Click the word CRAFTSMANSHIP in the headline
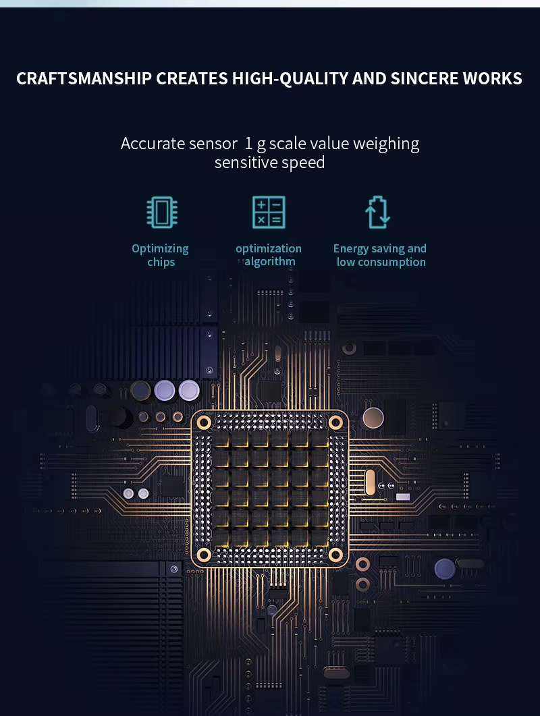[x=84, y=79]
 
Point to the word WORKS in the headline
[x=492, y=79]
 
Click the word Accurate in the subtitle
[x=153, y=144]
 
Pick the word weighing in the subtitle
[x=386, y=144]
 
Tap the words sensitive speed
[x=269, y=163]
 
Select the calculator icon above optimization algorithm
[x=269, y=212]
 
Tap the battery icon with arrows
[x=379, y=212]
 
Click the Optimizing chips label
[x=161, y=255]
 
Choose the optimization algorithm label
[x=269, y=255]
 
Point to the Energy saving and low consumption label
[x=380, y=255]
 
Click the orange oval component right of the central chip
[x=369, y=483]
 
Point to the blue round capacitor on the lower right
[x=445, y=569]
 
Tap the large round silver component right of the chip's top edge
[x=373, y=418]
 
